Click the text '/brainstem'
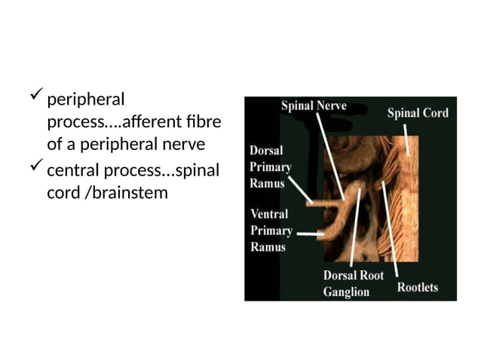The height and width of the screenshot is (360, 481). point(127,193)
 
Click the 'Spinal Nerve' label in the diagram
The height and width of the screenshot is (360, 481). point(314,106)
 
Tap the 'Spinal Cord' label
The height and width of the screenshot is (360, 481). point(418,113)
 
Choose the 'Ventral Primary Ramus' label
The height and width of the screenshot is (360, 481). point(271,230)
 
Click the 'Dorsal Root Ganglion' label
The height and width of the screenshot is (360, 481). point(354,283)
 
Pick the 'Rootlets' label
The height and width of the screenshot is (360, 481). point(417,287)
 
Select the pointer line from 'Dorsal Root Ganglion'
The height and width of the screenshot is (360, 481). point(355,226)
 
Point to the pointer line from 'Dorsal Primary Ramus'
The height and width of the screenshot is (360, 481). point(300,189)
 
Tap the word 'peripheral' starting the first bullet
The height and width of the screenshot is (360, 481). point(85,99)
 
